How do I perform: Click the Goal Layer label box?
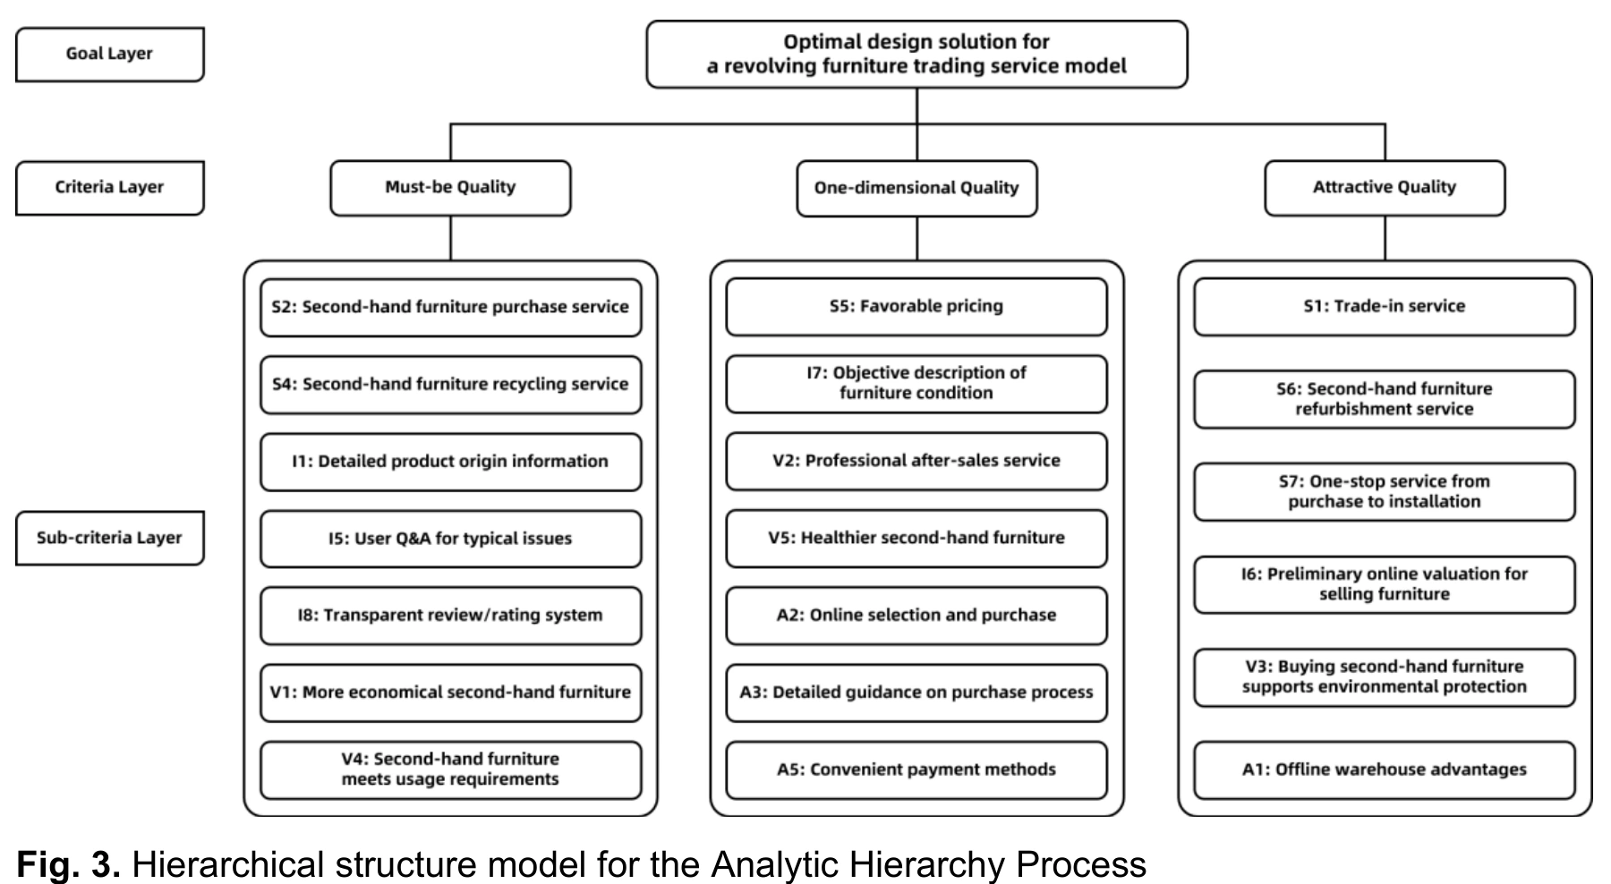(x=110, y=54)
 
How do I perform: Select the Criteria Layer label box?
(x=110, y=187)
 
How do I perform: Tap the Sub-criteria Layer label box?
(x=110, y=538)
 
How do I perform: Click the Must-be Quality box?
(x=450, y=188)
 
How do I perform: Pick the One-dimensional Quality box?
(x=916, y=188)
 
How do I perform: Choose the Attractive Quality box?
(x=1385, y=188)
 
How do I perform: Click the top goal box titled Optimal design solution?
(x=916, y=55)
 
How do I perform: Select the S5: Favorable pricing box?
(x=916, y=307)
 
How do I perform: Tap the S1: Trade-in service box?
(x=1385, y=307)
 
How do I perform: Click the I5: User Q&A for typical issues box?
(x=450, y=539)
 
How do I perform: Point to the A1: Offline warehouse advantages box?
(x=1385, y=769)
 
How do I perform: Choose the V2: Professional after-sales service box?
(x=916, y=461)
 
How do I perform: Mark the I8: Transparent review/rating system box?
(x=450, y=616)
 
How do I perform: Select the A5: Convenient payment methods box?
(x=916, y=769)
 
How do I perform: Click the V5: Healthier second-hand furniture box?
(x=916, y=539)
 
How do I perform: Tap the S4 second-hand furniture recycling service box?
(x=450, y=385)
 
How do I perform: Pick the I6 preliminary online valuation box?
(x=1385, y=584)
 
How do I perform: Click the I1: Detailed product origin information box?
(x=450, y=462)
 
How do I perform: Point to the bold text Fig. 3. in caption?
(x=68, y=864)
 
